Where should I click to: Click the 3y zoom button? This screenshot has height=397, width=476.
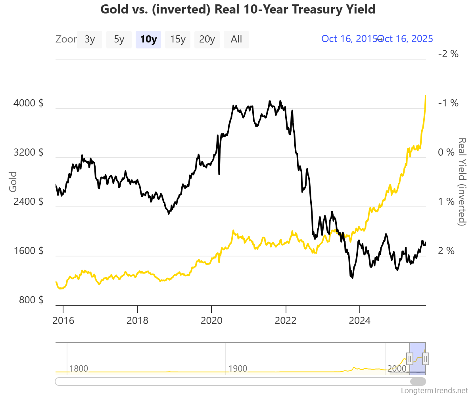[90, 39]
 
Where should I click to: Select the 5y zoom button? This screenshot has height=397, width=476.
[119, 39]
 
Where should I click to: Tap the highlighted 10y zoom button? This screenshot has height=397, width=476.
[148, 39]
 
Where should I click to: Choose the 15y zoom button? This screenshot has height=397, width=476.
[178, 39]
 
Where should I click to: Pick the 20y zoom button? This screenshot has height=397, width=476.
[207, 39]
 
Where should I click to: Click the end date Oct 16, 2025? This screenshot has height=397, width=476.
[406, 39]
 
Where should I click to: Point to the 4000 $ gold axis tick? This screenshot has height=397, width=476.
[28, 103]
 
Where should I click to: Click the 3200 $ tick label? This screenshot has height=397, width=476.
[28, 152]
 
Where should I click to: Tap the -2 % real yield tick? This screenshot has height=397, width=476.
[448, 54]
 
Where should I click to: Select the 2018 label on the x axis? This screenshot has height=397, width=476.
[137, 320]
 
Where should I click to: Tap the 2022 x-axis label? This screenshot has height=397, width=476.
[286, 320]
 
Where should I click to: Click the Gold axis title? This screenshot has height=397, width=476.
[13, 182]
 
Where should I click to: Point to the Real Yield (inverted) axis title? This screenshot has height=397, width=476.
[461, 182]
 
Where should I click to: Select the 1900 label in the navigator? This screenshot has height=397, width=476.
[238, 368]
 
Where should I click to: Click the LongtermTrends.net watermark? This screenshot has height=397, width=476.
[434, 390]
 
